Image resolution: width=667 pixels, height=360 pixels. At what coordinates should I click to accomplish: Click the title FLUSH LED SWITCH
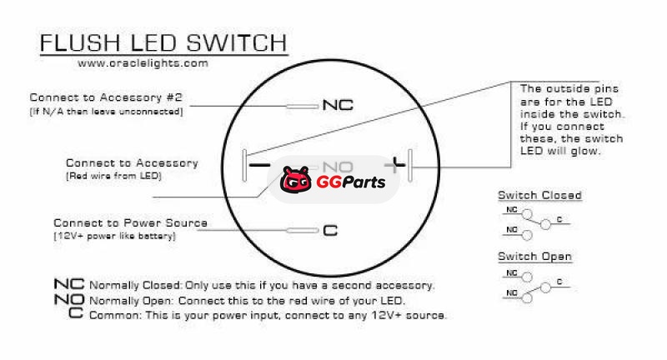163,43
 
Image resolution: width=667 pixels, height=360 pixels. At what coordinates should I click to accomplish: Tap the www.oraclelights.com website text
142,63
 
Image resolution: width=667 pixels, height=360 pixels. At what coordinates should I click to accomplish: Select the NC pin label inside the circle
338,106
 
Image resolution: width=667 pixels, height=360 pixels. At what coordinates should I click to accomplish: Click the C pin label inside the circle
330,231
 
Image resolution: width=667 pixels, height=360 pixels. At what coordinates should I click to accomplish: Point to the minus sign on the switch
259,166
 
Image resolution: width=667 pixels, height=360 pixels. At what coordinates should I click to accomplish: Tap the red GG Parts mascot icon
293,179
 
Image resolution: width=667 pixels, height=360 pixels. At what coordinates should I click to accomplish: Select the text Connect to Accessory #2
106,97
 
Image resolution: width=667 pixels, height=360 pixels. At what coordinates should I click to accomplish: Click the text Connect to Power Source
130,223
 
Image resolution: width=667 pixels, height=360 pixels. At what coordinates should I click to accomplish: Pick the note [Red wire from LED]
113,177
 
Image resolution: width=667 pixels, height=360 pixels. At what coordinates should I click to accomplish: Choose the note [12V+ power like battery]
114,237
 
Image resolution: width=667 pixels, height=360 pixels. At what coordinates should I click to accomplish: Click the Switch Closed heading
539,195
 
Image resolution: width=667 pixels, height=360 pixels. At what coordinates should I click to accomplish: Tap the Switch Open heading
534,256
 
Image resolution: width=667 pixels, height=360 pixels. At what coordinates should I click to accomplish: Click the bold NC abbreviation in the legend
68,285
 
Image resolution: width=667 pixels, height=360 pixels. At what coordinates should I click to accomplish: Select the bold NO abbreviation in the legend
68,300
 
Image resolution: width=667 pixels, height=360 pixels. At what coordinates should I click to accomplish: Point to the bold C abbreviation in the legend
76,314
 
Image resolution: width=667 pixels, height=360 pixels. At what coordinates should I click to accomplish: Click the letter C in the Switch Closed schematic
559,219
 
